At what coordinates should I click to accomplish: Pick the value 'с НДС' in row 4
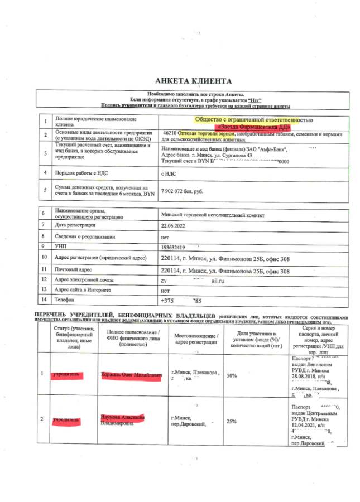169,173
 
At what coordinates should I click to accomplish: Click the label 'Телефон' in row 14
65,300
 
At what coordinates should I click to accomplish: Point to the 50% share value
232,376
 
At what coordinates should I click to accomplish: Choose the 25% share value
231,421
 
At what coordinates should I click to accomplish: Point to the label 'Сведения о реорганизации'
85,236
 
